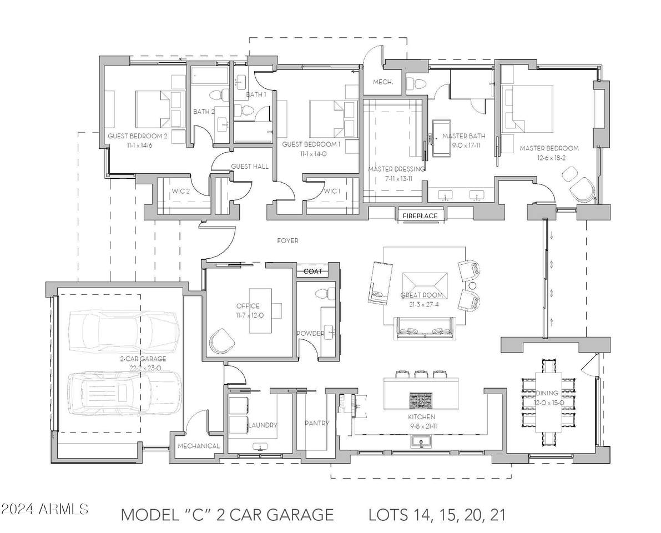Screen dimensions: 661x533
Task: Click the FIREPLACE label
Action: click(420, 216)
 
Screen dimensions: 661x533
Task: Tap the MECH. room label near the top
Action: click(383, 82)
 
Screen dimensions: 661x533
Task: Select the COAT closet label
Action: click(313, 271)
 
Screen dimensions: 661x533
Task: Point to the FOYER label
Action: click(287, 241)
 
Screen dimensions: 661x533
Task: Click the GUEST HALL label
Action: click(250, 167)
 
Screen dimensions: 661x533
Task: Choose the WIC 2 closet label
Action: click(180, 191)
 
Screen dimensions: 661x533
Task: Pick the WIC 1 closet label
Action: click(332, 191)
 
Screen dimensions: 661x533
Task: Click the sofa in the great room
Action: click(426, 328)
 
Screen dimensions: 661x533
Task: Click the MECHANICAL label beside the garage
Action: click(199, 446)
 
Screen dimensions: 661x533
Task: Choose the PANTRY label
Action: click(317, 423)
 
